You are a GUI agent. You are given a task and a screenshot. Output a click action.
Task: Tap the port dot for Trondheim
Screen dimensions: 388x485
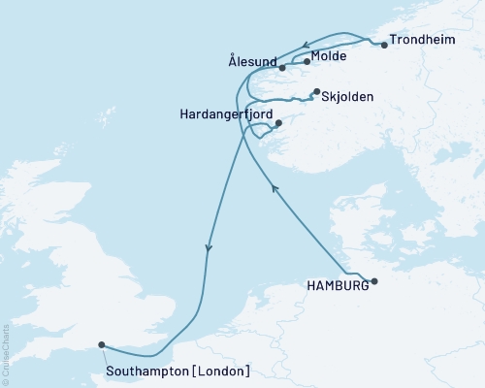(x=385, y=45)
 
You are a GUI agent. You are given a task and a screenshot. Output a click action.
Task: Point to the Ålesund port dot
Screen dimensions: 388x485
(x=282, y=68)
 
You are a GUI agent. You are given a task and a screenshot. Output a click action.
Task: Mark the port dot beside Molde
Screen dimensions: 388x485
(x=307, y=62)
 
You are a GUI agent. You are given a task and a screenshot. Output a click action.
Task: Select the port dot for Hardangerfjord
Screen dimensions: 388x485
(x=278, y=123)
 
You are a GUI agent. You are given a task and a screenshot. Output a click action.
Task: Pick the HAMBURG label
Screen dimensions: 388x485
(x=337, y=285)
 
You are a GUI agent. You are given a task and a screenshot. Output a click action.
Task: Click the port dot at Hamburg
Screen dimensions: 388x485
(x=375, y=282)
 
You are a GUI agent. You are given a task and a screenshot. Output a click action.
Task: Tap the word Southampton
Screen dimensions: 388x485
(x=151, y=371)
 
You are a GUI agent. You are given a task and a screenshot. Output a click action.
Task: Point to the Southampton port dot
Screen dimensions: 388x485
(x=102, y=343)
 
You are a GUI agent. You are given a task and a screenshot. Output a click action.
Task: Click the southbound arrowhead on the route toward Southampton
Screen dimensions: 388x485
(x=209, y=249)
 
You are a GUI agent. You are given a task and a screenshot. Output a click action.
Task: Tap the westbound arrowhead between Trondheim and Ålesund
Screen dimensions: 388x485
(x=305, y=44)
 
